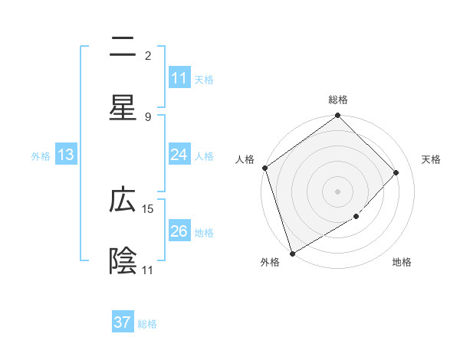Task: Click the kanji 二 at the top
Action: (x=123, y=48)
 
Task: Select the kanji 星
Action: (x=123, y=107)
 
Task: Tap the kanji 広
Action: (x=123, y=201)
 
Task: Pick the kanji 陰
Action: (x=123, y=260)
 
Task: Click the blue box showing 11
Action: (x=179, y=78)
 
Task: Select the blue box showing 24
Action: (x=179, y=155)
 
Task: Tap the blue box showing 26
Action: (x=179, y=231)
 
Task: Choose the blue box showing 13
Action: (x=66, y=155)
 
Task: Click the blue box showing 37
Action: (x=123, y=322)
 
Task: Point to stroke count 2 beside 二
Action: (x=148, y=56)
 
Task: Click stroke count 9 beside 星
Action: (x=148, y=116)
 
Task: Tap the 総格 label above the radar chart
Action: (x=338, y=100)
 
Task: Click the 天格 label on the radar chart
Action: (x=432, y=159)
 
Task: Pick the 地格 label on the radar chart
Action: (x=402, y=263)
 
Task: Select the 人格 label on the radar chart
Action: (x=245, y=159)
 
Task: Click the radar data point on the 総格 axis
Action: (x=338, y=116)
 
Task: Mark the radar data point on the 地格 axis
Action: (x=356, y=217)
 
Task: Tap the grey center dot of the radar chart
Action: (x=338, y=191)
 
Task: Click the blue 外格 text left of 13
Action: (x=41, y=155)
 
